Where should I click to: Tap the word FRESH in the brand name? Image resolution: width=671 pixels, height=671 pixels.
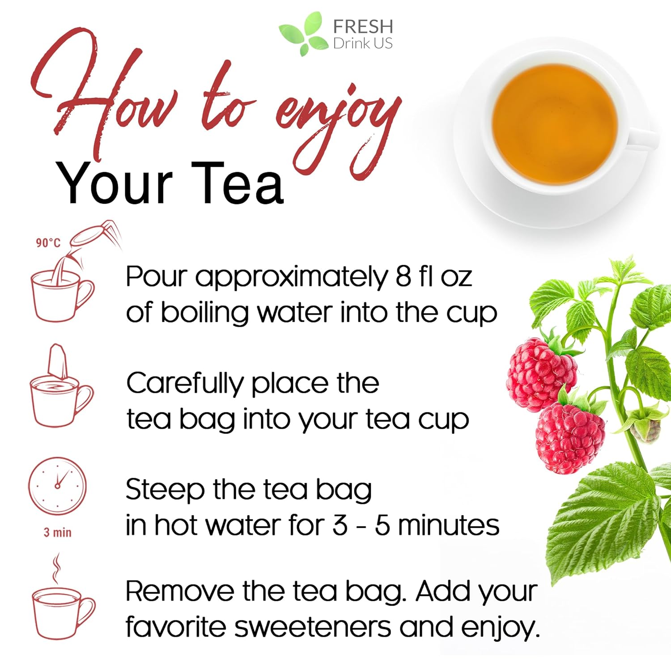pos(363,26)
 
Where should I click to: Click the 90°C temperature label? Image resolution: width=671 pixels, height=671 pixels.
pos(48,242)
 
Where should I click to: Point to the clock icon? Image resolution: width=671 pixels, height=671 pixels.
pos(57,485)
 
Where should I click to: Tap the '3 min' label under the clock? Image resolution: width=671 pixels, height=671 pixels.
pos(57,532)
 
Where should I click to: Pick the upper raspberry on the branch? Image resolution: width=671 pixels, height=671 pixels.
pos(541,374)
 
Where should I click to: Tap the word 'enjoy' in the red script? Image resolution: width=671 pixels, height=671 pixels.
pos(335,116)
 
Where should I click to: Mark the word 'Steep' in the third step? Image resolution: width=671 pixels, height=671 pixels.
pos(164,490)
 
